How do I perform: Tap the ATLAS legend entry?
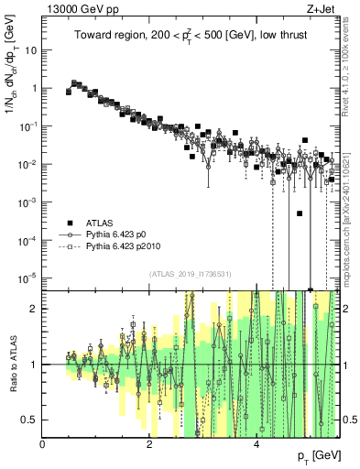[x=103, y=224]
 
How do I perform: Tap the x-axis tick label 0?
[x=43, y=444]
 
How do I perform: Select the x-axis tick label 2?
[x=149, y=444]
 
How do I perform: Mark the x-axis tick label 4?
[x=256, y=444]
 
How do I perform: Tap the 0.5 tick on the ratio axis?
[x=30, y=420]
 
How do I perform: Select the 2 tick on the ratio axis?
[x=35, y=309]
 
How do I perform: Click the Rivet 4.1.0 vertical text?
[x=351, y=64]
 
